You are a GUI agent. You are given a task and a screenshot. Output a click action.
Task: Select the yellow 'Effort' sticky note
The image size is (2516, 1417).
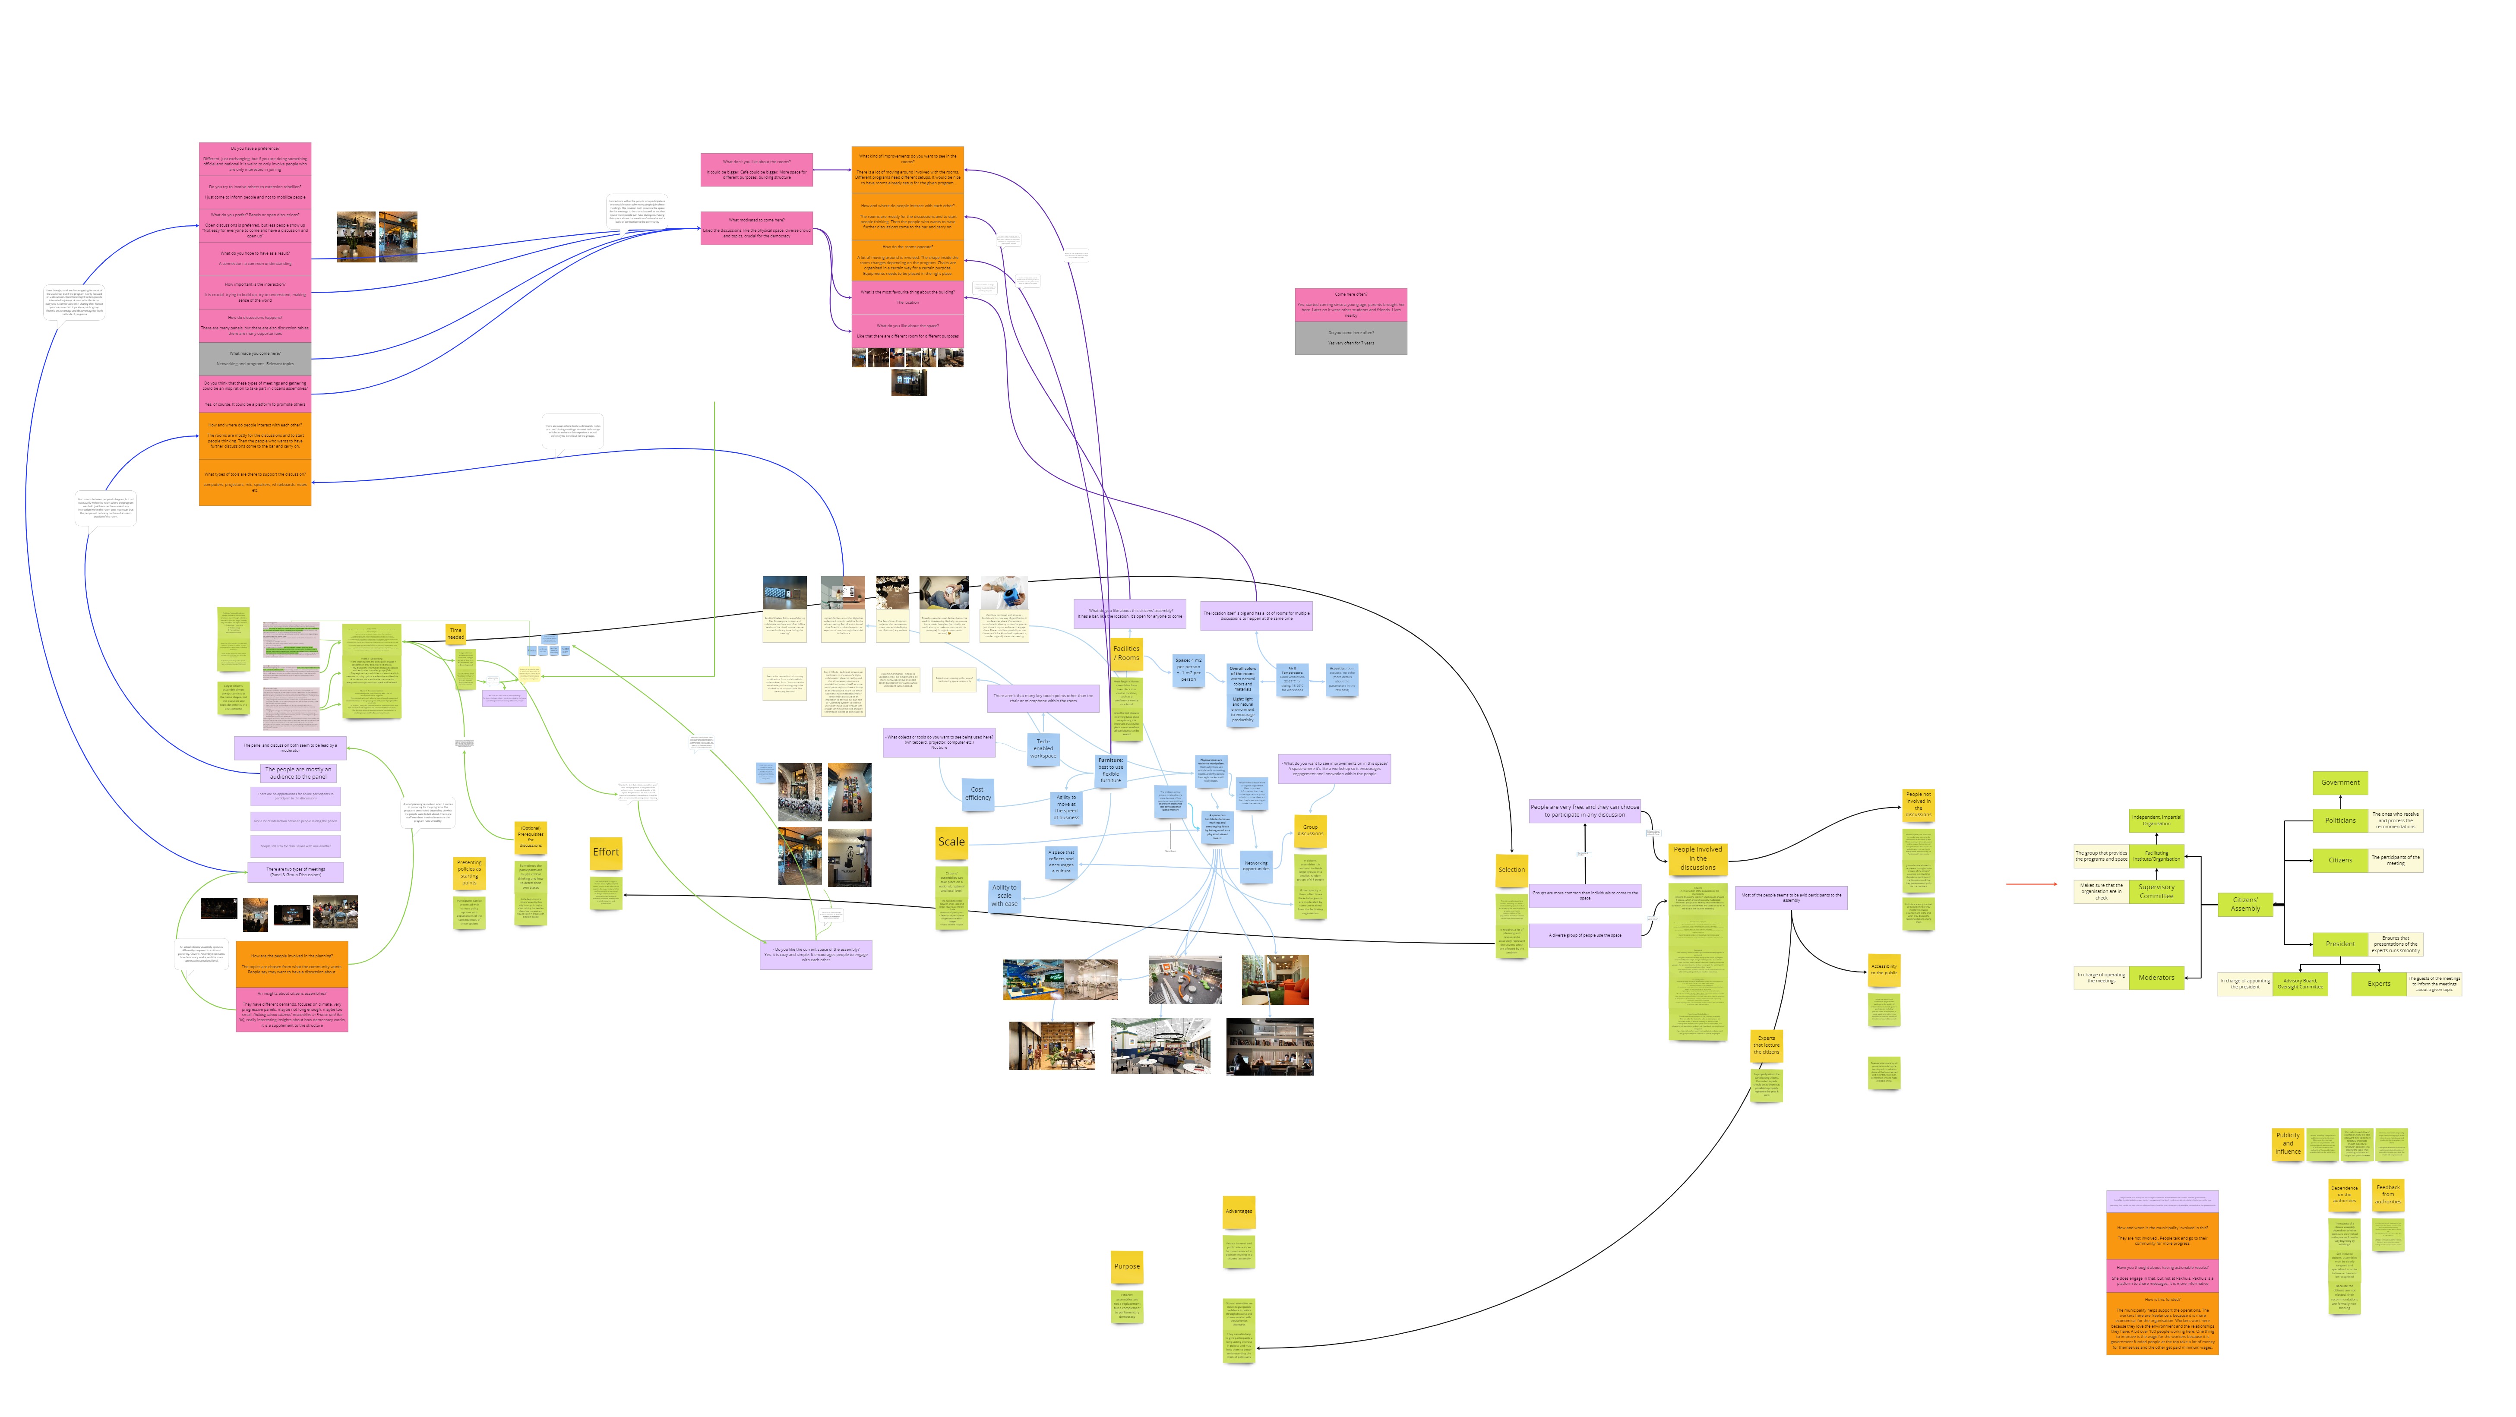[x=606, y=852]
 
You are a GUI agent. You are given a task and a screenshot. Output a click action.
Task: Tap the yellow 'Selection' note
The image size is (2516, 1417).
[x=1511, y=869]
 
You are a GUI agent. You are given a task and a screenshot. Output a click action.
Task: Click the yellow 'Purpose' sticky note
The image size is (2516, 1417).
[x=1126, y=1267]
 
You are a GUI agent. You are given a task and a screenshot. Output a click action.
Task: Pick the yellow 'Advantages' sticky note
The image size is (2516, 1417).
[x=1239, y=1211]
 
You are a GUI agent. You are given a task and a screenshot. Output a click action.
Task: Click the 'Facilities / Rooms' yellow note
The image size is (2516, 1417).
[x=1126, y=652]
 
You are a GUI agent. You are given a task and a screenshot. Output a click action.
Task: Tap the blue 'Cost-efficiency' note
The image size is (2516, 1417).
[x=978, y=793]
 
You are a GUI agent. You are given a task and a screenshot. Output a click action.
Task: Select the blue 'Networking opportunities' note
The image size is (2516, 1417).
[x=1256, y=865]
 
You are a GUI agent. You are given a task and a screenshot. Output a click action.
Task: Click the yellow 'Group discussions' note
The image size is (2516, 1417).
[x=1310, y=830]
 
